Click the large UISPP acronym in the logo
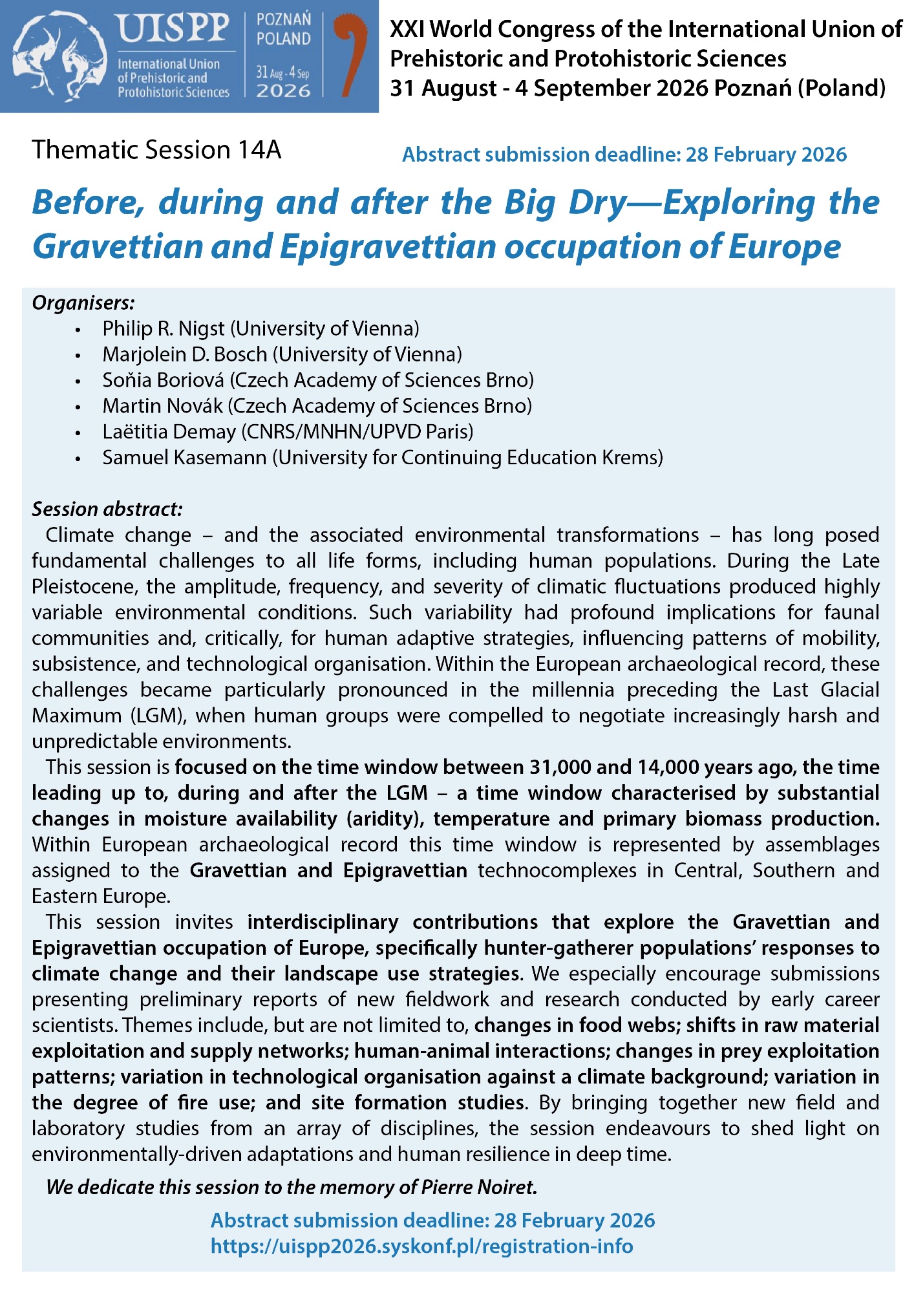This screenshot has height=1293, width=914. (x=173, y=29)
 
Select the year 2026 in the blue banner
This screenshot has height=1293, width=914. (x=283, y=91)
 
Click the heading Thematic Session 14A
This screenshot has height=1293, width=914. (x=156, y=149)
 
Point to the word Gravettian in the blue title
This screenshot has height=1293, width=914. (x=117, y=246)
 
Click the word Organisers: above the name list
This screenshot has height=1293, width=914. (x=83, y=302)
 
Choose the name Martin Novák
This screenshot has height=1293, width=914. (x=162, y=406)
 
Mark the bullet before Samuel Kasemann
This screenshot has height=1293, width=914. (x=78, y=458)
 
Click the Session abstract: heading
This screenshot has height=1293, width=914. (x=107, y=509)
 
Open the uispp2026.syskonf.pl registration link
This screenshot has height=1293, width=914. (x=421, y=1246)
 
